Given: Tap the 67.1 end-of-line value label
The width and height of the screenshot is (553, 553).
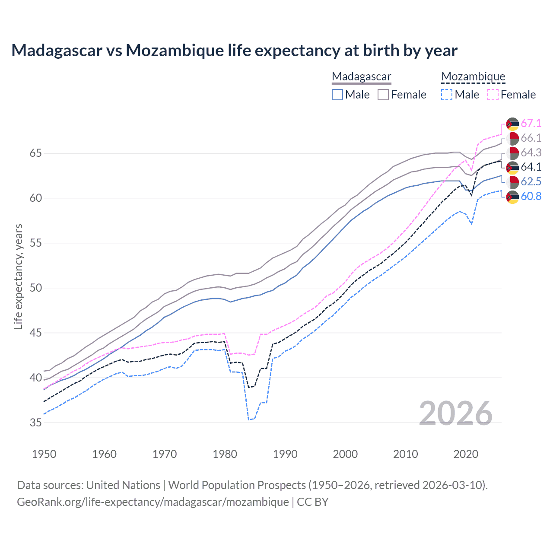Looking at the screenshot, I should click(x=531, y=124).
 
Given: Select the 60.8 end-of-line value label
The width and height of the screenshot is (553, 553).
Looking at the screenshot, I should click(x=531, y=197).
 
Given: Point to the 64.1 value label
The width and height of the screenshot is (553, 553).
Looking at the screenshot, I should click(x=531, y=167).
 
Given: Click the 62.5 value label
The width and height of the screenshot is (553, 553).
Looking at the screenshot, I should click(x=531, y=182).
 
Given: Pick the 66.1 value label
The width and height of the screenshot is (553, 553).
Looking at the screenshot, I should click(x=531, y=138).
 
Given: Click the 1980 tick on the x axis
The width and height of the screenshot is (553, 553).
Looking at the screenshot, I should click(x=225, y=454).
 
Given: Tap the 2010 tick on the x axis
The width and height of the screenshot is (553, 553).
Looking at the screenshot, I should click(x=405, y=454).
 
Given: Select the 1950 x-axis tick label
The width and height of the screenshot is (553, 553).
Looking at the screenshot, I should click(x=44, y=454).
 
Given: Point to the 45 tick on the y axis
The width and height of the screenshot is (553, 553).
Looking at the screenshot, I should click(x=36, y=333).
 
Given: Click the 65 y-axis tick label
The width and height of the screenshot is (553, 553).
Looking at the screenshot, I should click(x=36, y=153).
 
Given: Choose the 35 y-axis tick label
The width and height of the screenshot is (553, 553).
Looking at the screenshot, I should click(x=36, y=423).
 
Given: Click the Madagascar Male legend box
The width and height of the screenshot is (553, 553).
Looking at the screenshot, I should click(x=337, y=95).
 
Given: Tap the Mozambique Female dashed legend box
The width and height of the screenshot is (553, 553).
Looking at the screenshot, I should click(x=493, y=95).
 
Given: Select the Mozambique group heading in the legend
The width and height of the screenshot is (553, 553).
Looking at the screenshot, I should click(x=473, y=77).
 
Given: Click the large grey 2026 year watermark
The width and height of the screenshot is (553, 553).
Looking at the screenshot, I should click(x=456, y=414).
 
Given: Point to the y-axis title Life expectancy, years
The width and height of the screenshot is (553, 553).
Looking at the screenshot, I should click(x=19, y=276).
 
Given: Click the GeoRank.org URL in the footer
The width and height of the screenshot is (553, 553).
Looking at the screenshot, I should click(x=153, y=502).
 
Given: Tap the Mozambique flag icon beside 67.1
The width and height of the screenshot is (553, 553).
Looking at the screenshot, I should click(x=512, y=124).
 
